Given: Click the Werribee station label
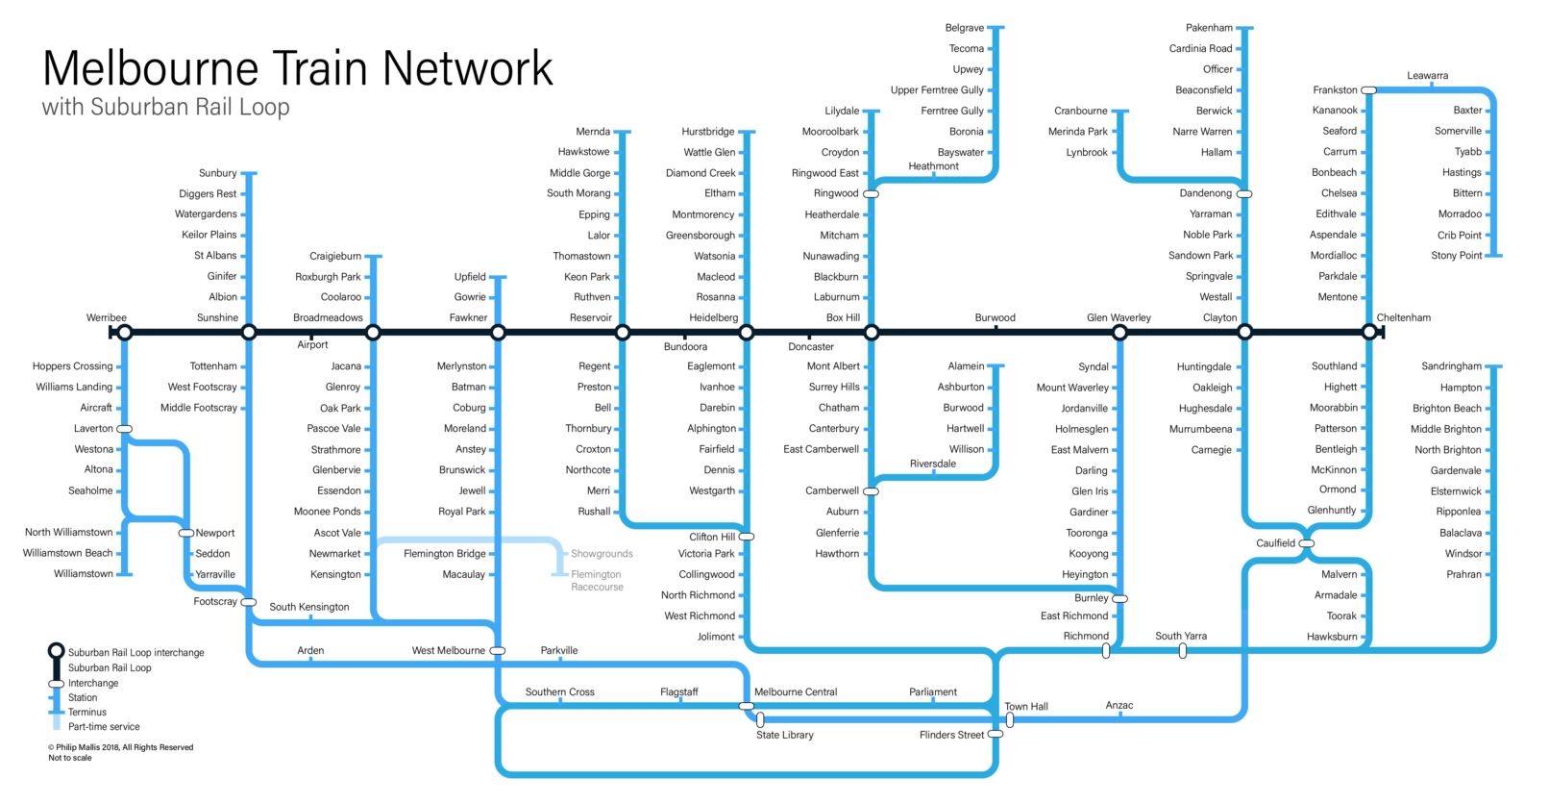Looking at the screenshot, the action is pyautogui.click(x=106, y=317).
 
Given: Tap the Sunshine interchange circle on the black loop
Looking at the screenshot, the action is pyautogui.click(x=249, y=333).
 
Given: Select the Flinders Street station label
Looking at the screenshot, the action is pyautogui.click(x=951, y=735).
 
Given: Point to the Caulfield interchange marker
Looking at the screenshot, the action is pyautogui.click(x=1306, y=543).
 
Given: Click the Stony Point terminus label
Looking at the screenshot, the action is pyautogui.click(x=1457, y=256).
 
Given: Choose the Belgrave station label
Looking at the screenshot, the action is pyautogui.click(x=965, y=28).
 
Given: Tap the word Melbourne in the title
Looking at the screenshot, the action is pyautogui.click(x=151, y=68).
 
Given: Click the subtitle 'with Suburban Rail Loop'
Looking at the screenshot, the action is pyautogui.click(x=166, y=108).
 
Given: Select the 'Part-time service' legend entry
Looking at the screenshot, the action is pyautogui.click(x=104, y=727).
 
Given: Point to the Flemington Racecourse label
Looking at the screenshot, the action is pyautogui.click(x=597, y=581).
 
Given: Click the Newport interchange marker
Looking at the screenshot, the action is pyautogui.click(x=186, y=533).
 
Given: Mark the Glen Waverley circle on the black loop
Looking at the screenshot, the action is pyautogui.click(x=1120, y=333).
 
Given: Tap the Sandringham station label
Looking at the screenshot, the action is pyautogui.click(x=1452, y=366).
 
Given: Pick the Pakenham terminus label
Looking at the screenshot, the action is pyautogui.click(x=1209, y=28).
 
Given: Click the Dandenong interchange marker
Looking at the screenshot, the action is pyautogui.click(x=1244, y=194).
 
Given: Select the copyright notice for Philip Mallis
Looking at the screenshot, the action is pyautogui.click(x=121, y=747).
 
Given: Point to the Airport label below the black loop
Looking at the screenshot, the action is pyautogui.click(x=312, y=344).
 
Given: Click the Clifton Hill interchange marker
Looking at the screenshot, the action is pyautogui.click(x=747, y=537).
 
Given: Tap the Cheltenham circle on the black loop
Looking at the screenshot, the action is pyautogui.click(x=1369, y=333).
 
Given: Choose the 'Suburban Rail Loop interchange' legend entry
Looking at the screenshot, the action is pyautogui.click(x=136, y=653).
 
